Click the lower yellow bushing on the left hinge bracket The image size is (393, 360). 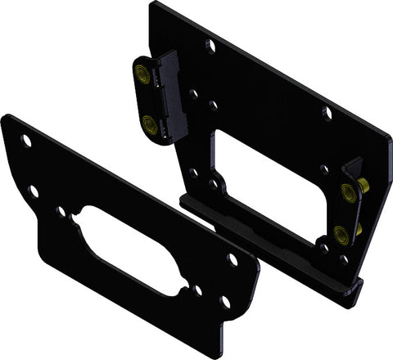[149, 124]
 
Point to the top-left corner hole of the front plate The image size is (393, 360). [26, 141]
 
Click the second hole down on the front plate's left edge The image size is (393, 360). [34, 191]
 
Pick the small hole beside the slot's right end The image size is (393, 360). [197, 289]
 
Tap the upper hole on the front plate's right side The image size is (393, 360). [232, 259]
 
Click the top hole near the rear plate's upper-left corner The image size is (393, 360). [210, 46]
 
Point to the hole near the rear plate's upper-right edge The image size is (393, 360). [327, 112]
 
